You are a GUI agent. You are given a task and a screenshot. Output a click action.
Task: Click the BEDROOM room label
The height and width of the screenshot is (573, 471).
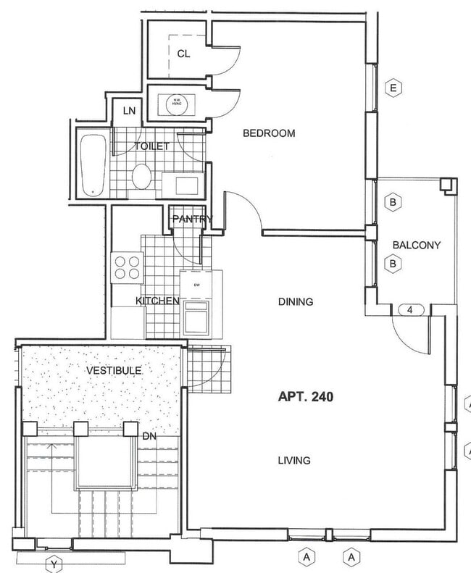[269, 133]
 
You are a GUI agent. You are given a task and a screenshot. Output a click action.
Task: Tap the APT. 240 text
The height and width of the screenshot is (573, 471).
[306, 396]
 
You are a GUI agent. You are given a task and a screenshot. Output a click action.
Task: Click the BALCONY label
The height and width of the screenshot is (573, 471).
[416, 245]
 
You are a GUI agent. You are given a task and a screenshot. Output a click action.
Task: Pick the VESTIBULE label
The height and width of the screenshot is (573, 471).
[114, 370]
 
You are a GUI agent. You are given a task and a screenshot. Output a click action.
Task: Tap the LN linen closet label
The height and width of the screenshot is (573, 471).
[129, 111]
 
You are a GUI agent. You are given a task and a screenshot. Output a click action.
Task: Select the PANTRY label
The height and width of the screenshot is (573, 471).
[192, 219]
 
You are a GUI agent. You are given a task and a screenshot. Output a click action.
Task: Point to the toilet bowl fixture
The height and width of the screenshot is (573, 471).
[142, 176]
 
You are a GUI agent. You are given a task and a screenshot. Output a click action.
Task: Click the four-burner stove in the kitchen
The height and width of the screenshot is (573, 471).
[127, 267]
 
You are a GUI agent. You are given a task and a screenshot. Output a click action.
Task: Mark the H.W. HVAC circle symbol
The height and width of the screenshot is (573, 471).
[176, 104]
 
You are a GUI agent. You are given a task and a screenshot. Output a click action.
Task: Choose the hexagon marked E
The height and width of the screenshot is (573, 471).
[393, 88]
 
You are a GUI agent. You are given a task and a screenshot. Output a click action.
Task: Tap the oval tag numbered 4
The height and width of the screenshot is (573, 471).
[411, 310]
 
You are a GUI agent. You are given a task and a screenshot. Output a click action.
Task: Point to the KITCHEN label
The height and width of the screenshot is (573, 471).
[157, 301]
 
